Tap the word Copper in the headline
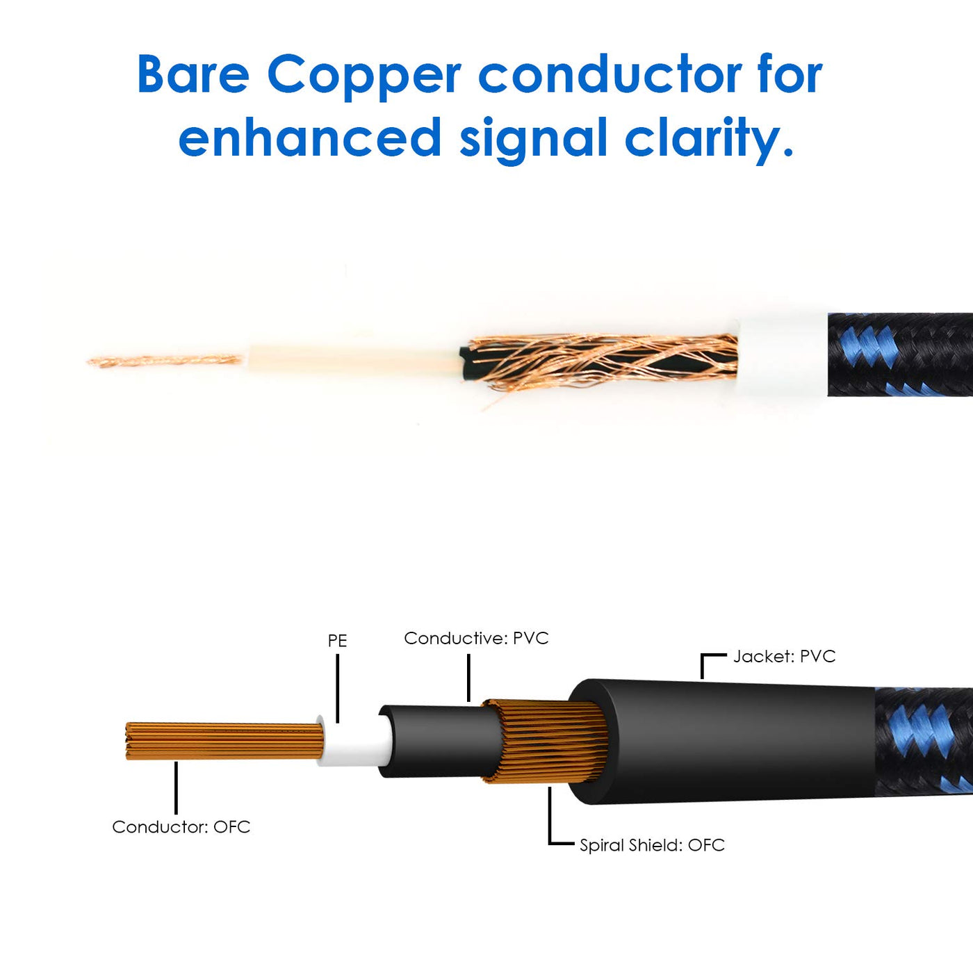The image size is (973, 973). (363, 75)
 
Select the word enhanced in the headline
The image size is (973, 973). (309, 137)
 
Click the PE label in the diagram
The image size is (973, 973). (337, 641)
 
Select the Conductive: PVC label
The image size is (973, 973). (476, 638)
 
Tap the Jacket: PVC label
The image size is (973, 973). (784, 656)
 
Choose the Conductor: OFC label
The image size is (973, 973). (181, 827)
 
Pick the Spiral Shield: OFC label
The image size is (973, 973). (652, 845)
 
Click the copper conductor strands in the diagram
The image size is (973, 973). (222, 742)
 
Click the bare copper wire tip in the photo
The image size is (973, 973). (163, 361)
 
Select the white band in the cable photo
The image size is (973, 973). (782, 354)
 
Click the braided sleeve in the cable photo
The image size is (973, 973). (900, 354)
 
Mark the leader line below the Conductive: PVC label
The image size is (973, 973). (469, 678)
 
